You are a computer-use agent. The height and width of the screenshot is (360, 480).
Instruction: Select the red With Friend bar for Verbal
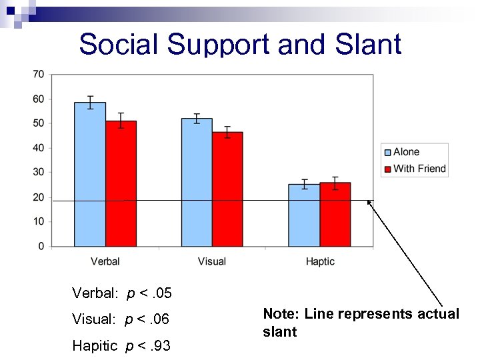coord(121,183)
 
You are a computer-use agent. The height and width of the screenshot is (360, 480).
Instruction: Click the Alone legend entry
coord(406,152)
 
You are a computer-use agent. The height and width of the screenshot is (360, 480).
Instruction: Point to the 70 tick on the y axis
coord(38,75)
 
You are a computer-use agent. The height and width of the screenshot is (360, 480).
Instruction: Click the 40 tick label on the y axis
coord(38,148)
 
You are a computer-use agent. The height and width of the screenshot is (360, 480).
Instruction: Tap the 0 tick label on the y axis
coord(41,246)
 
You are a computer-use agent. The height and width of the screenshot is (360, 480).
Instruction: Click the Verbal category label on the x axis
coord(105,261)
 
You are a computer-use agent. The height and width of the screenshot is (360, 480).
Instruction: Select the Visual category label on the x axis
coord(212,261)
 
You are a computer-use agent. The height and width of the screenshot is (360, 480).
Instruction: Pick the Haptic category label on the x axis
coord(320,261)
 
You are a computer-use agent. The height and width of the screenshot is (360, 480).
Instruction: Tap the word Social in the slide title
coord(119,45)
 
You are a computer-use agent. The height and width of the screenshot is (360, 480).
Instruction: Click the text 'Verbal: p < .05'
coord(122,293)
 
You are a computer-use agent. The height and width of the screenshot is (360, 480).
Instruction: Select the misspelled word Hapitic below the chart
coord(96,345)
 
